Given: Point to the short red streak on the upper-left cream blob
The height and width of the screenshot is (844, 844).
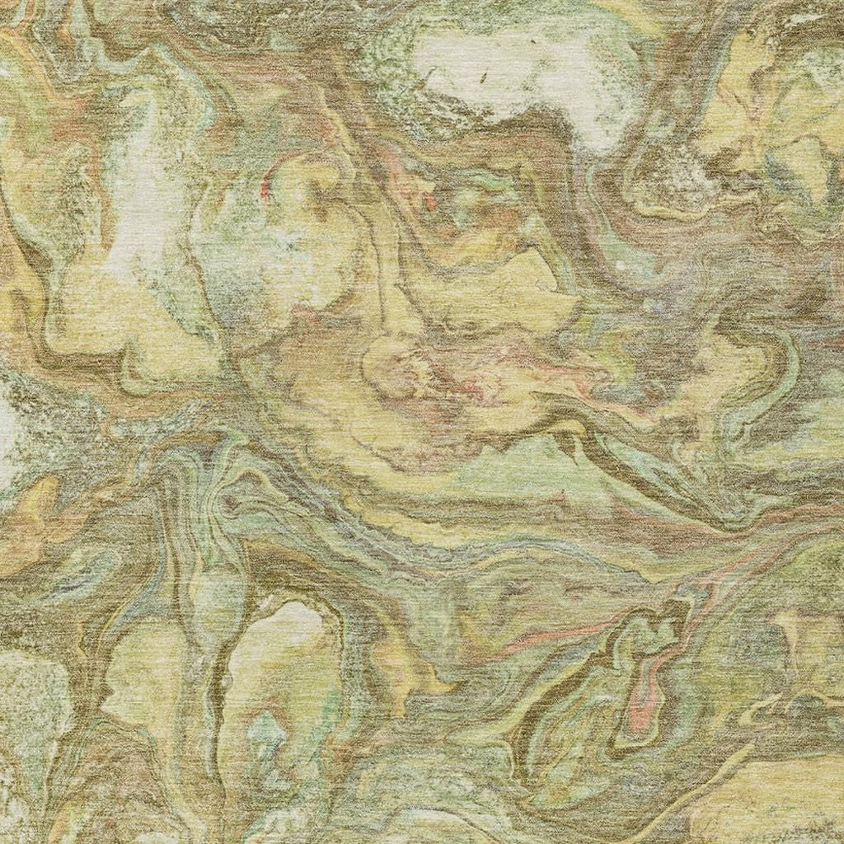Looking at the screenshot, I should [x=265, y=190].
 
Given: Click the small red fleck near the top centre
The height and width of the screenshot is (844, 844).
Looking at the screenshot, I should [x=429, y=200].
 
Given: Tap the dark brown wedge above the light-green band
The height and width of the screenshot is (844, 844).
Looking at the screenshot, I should [x=569, y=445].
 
